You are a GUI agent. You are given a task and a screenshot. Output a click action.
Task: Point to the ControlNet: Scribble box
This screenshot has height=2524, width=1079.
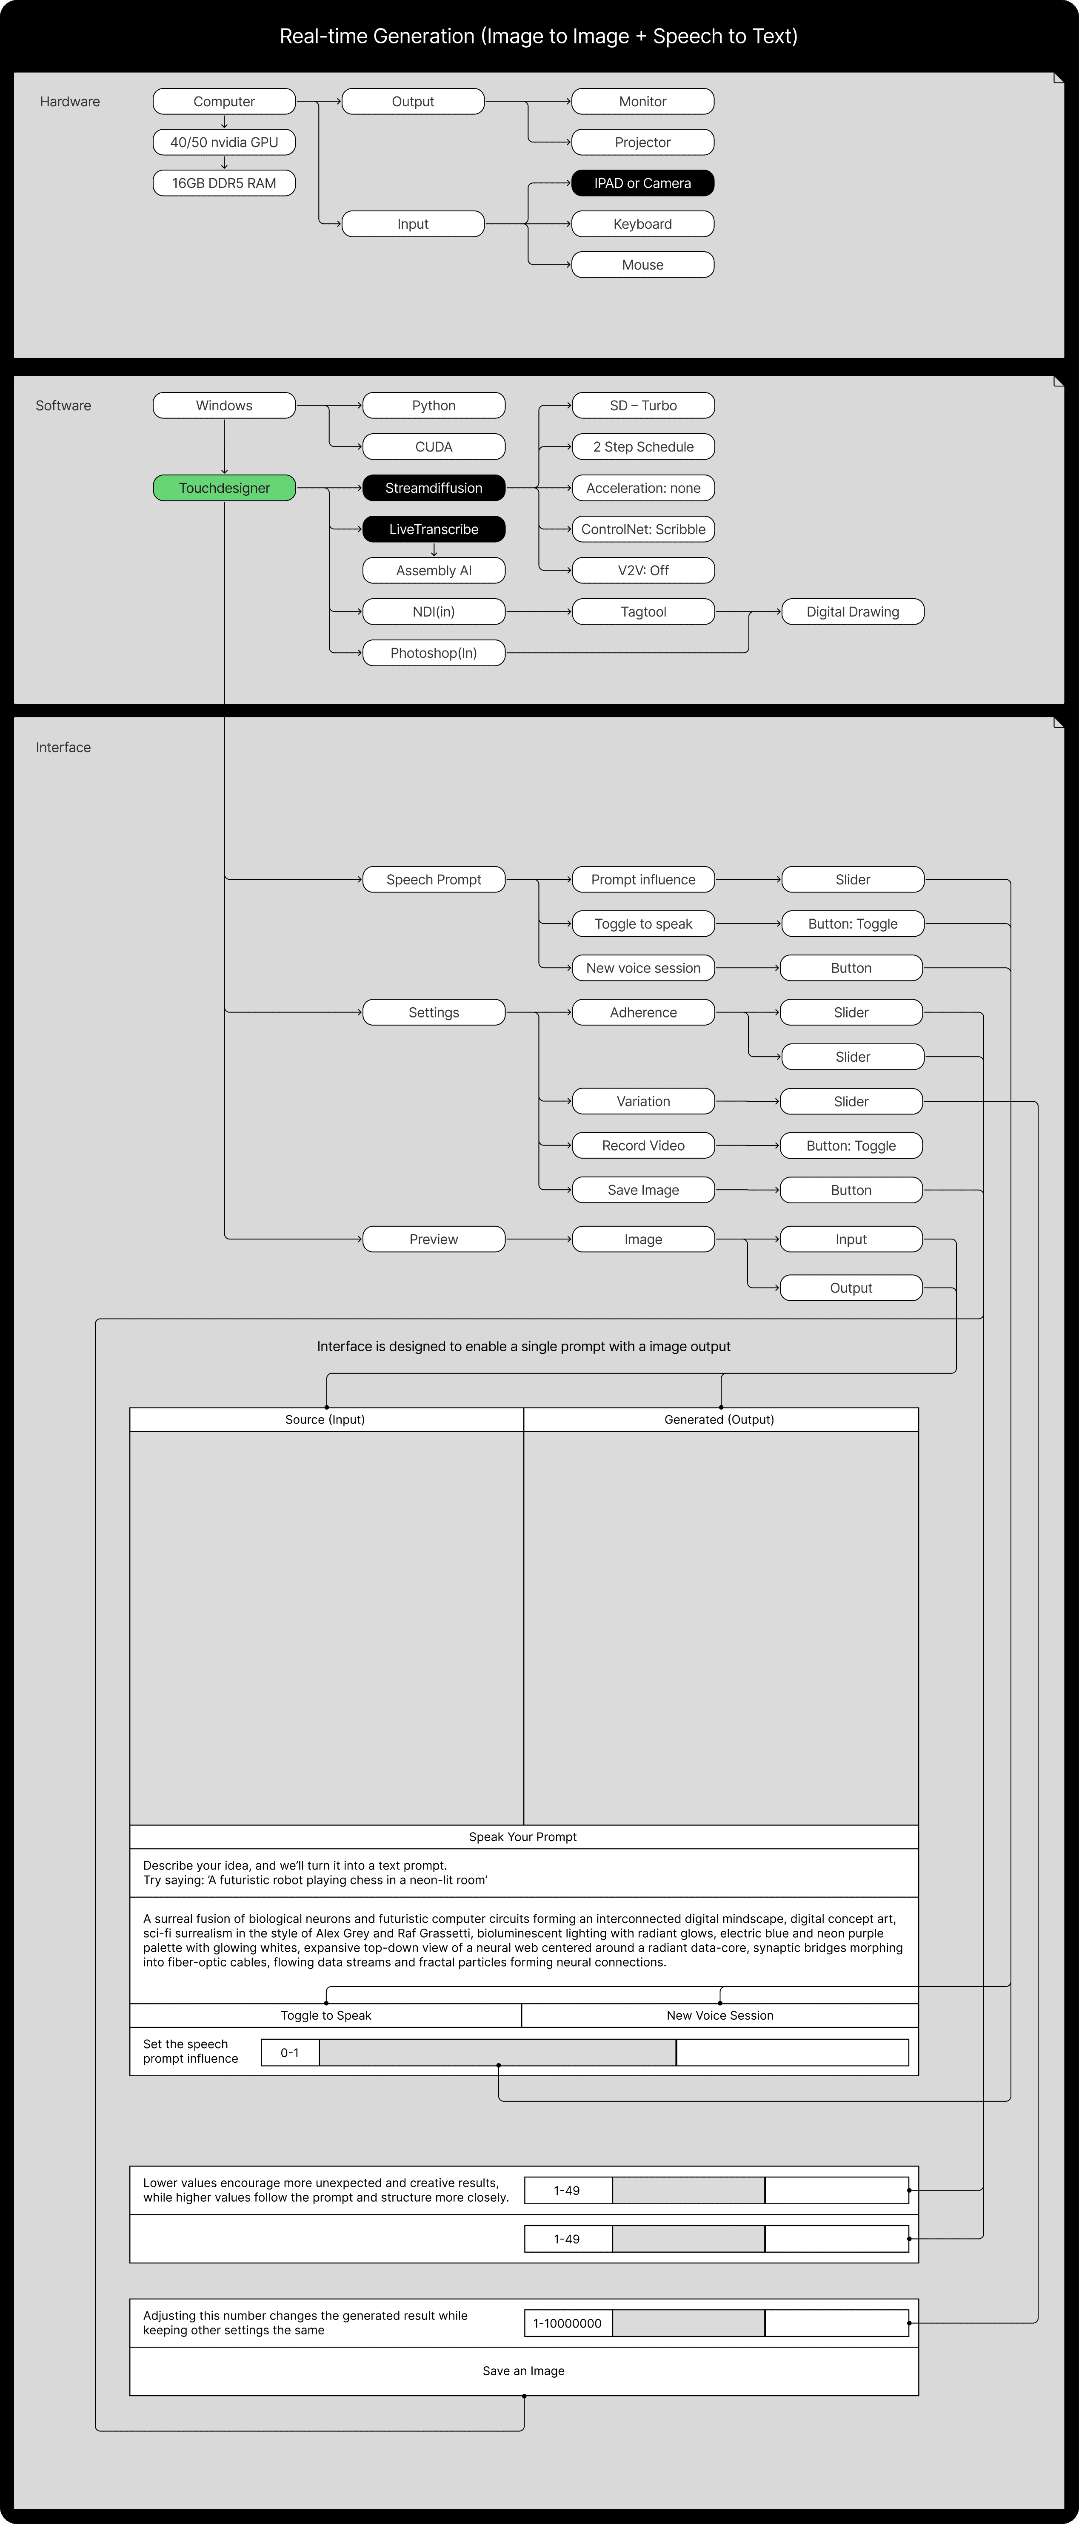coord(643,529)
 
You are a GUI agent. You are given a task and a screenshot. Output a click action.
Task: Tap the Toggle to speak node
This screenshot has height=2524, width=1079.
coord(643,924)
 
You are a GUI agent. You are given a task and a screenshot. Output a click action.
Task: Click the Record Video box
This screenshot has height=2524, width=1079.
coord(643,1145)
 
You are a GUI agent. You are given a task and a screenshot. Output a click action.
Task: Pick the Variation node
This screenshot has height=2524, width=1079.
coord(643,1101)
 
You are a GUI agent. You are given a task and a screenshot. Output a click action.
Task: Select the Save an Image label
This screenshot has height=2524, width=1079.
coord(523,2371)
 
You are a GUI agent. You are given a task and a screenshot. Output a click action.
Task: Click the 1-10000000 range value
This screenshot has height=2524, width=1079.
coord(568,2323)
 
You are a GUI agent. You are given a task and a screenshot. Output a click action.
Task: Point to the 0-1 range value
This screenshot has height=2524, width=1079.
coord(290,2053)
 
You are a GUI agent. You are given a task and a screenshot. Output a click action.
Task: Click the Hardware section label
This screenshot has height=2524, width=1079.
coord(70,102)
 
